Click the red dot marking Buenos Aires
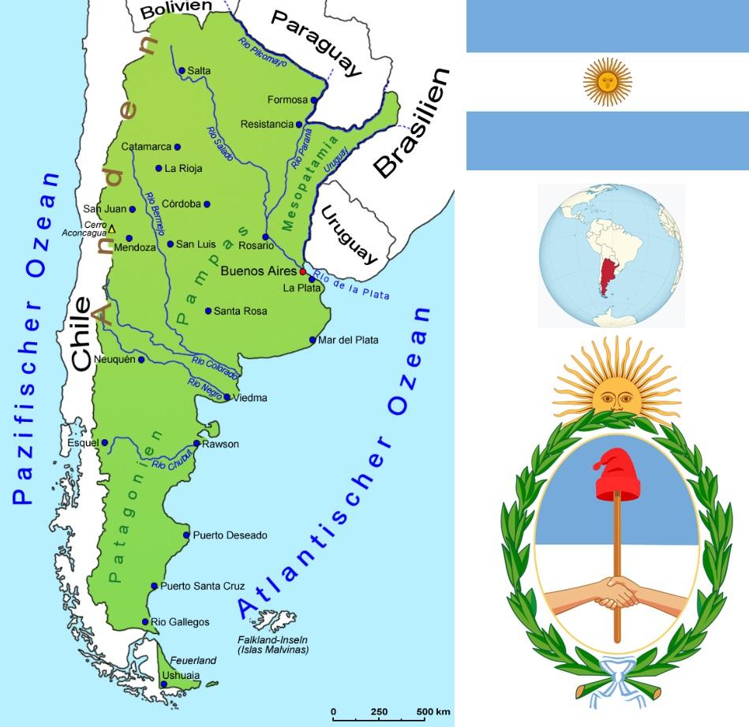point(302,271)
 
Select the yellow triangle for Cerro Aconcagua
point(111,229)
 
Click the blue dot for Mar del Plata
point(313,341)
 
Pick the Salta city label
point(199,71)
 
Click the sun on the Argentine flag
point(607,83)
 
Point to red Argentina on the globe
point(607,276)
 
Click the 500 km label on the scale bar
point(433,712)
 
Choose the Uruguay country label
point(348,233)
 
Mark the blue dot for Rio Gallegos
point(145,622)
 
